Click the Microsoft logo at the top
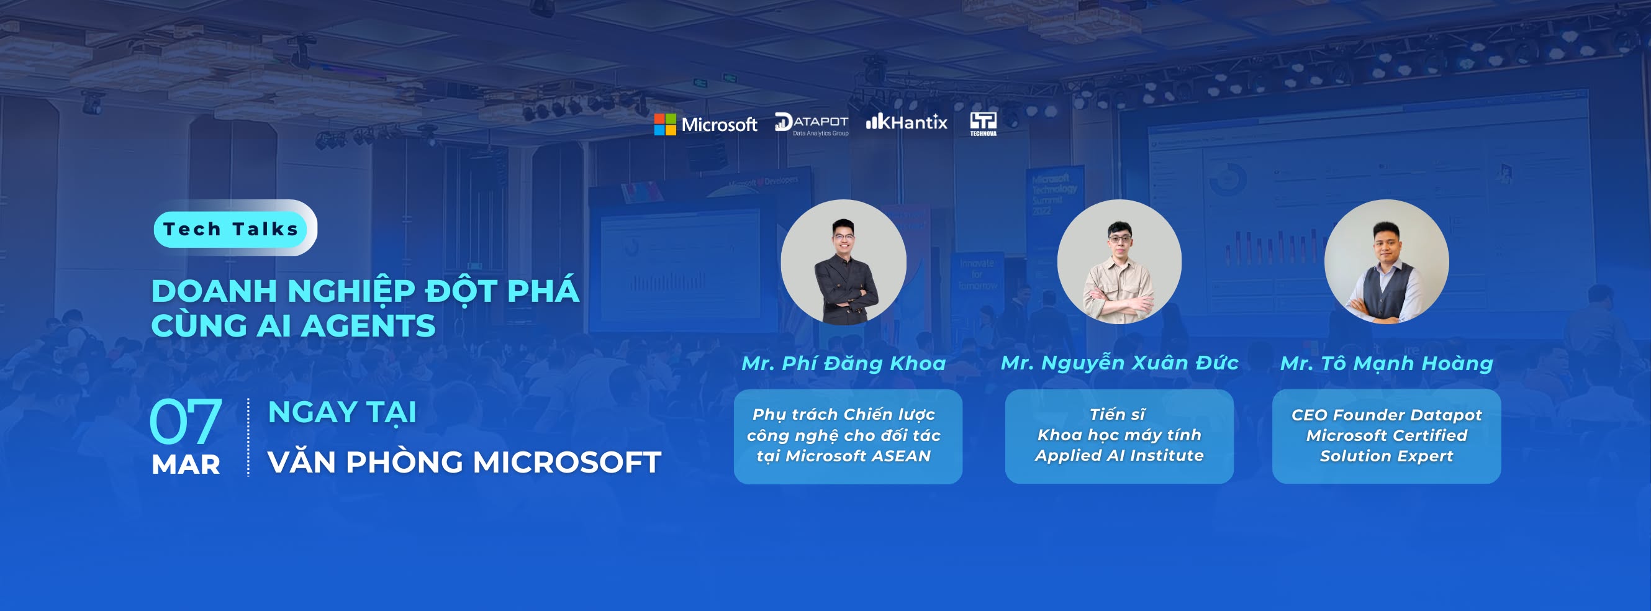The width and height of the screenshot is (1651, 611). click(705, 124)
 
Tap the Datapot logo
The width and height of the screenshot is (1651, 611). click(812, 124)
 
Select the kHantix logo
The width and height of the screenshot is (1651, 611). click(907, 122)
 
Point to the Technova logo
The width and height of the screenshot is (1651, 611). click(983, 124)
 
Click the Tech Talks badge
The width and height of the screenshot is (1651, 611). click(232, 229)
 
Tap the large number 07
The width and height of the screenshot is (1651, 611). click(185, 421)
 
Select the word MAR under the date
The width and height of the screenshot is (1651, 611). click(186, 464)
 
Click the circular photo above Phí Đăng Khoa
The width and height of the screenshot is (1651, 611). click(843, 262)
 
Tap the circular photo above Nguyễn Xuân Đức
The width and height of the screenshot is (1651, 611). click(1119, 261)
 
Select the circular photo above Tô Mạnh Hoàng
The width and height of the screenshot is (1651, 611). click(1386, 261)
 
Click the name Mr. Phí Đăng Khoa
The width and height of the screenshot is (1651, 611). click(843, 363)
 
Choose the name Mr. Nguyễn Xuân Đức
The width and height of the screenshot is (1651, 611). click(1120, 363)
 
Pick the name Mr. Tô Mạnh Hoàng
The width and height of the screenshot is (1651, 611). click(1386, 363)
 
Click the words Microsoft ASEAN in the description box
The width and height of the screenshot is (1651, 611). click(857, 456)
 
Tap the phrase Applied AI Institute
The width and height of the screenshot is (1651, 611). click(1119, 455)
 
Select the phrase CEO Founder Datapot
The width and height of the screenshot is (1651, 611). click(1386, 415)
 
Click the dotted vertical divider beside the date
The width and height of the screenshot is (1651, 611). click(248, 437)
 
